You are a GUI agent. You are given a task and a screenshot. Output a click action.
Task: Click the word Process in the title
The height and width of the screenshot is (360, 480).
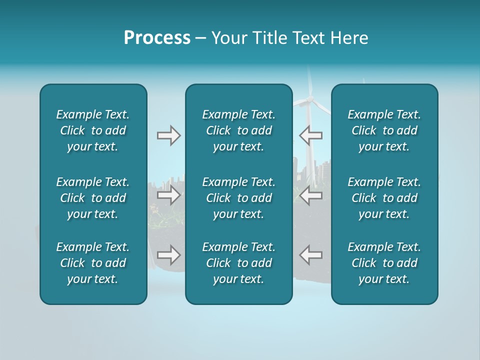157,38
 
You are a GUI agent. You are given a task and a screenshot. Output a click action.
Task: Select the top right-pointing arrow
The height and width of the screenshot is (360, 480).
169,135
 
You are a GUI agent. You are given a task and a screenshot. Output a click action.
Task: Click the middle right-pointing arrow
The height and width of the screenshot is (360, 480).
169,195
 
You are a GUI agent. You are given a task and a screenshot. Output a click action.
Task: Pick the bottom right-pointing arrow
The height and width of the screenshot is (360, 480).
169,254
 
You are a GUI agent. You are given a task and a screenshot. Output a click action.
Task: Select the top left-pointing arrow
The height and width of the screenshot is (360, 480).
310,135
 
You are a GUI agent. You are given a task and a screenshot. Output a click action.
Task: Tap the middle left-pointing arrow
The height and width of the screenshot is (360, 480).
310,195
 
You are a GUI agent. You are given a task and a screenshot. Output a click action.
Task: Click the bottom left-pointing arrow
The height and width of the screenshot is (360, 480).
310,254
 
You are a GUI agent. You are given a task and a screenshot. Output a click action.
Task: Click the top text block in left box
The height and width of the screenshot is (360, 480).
93,130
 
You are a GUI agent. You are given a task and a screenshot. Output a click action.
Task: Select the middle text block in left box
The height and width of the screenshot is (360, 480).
93,198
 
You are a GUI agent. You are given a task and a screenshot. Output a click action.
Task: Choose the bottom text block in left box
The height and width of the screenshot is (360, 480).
93,263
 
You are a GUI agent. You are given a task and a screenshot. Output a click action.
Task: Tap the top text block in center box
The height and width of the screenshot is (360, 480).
238,130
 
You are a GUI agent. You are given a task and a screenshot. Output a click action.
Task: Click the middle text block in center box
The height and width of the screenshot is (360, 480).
238,198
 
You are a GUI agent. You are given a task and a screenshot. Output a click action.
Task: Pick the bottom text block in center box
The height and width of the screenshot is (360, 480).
238,263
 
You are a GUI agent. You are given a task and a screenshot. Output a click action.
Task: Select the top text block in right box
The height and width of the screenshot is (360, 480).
384,130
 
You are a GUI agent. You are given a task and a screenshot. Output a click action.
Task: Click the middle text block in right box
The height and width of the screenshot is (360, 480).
384,198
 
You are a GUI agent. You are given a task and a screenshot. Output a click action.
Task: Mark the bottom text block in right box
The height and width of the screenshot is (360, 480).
384,263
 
